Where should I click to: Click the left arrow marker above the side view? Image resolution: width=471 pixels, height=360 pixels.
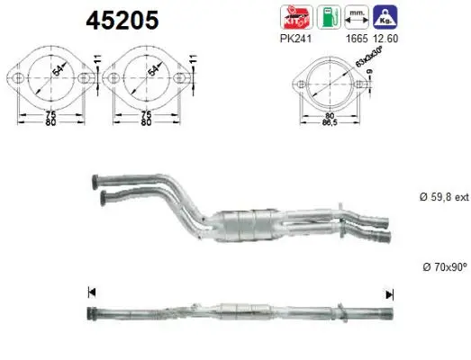(90, 292)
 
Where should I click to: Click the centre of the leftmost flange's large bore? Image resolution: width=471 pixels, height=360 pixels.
(50, 79)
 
